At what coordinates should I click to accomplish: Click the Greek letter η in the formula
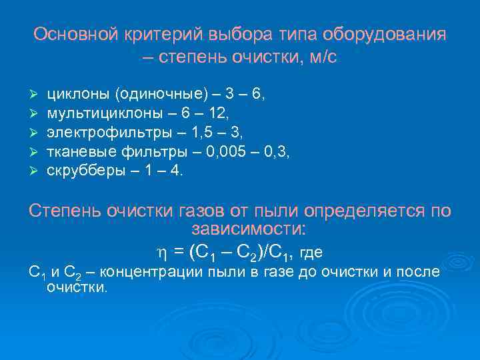[x=160, y=253]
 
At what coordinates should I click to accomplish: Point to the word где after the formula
[x=311, y=253]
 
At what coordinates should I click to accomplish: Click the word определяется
[x=363, y=211]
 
